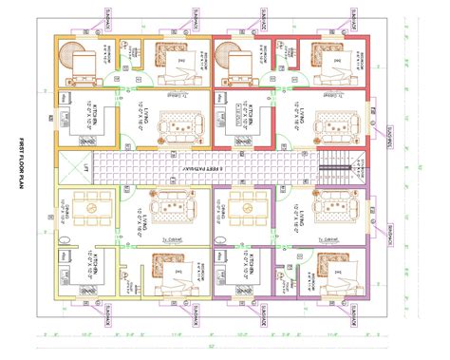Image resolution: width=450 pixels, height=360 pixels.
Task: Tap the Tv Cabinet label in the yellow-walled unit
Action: point(172,240)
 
